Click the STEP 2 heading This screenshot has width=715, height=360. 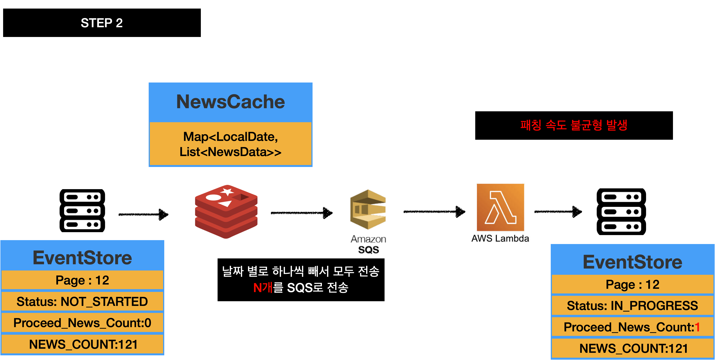(102, 23)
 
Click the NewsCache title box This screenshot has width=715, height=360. (230, 102)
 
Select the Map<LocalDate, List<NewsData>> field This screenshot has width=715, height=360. (230, 144)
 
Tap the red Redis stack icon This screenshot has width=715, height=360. (226, 212)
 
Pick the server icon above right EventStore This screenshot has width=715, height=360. (621, 212)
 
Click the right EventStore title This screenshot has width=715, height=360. (632, 262)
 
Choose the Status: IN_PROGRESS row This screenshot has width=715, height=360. (632, 306)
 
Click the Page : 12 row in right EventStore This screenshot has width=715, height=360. (632, 284)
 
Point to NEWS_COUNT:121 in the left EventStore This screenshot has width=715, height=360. (83, 344)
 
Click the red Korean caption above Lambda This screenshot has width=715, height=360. (574, 125)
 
